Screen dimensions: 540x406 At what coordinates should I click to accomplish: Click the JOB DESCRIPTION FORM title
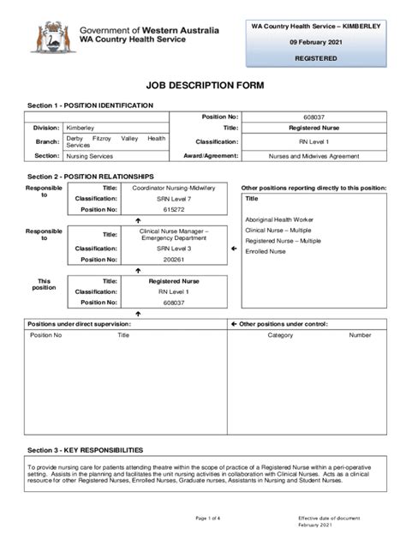204,87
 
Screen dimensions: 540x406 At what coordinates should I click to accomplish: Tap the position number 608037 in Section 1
313,116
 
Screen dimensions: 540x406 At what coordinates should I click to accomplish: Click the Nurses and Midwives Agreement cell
313,156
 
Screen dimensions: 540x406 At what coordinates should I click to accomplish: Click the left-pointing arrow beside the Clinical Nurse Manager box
234,249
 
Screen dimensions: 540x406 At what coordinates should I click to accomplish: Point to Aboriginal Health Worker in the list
279,219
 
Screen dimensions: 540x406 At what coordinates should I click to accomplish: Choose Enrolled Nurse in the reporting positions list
266,251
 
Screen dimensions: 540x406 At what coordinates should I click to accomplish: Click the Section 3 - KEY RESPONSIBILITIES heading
85,450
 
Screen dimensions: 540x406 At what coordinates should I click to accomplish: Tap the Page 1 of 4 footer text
208,519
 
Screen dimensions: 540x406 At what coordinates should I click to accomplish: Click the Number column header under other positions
360,335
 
